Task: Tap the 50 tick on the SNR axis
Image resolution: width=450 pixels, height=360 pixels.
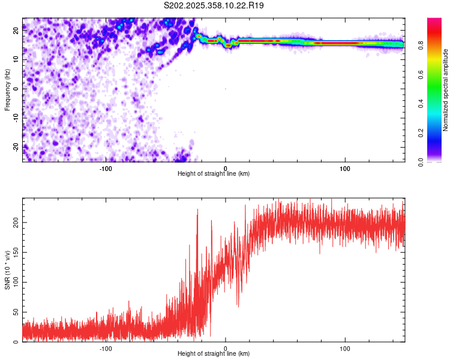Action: (16, 312)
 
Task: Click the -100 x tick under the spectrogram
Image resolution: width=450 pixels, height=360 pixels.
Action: (106, 168)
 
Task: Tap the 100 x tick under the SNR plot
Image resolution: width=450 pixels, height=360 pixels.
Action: (344, 348)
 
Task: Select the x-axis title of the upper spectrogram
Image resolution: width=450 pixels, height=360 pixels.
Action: (214, 174)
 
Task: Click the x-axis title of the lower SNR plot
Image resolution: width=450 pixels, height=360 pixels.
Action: (214, 354)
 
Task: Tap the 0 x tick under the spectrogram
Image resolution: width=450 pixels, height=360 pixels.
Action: (225, 168)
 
